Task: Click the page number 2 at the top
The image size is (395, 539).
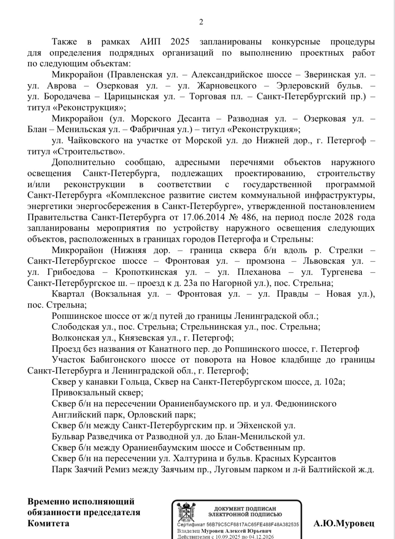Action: [201, 22]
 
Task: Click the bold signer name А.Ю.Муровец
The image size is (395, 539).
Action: [344, 524]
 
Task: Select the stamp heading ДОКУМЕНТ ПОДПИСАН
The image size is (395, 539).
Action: [245, 509]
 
